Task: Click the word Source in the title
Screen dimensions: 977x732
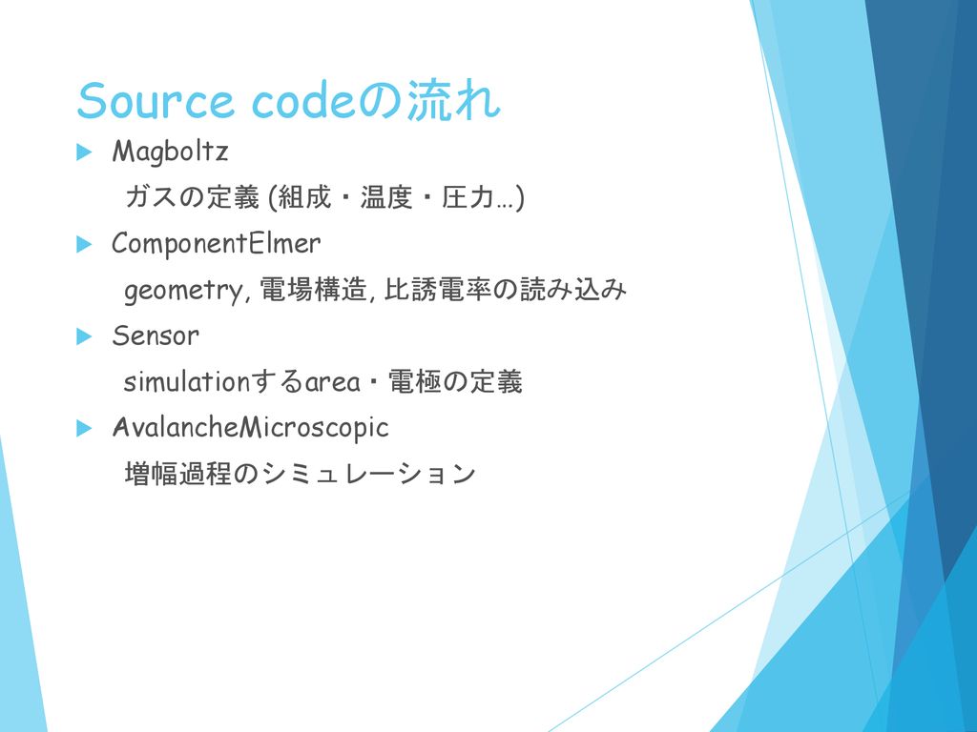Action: pyautogui.click(x=156, y=101)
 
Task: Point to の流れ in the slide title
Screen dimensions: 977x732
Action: pyautogui.click(x=428, y=99)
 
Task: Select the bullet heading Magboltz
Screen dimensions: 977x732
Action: pyautogui.click(x=170, y=152)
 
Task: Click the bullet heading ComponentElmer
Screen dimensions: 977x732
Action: pyautogui.click(x=217, y=243)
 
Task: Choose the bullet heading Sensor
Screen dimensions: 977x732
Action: pyautogui.click(x=156, y=336)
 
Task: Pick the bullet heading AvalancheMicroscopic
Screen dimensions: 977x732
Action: pyautogui.click(x=251, y=428)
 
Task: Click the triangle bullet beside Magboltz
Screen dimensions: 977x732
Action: pyautogui.click(x=84, y=152)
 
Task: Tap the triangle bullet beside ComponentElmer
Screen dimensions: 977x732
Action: pyautogui.click(x=84, y=244)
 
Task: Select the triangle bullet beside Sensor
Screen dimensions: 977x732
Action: pyautogui.click(x=84, y=336)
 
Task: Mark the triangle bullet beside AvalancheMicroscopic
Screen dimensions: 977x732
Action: pyautogui.click(x=84, y=428)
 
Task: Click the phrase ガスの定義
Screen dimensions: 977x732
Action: pyautogui.click(x=192, y=197)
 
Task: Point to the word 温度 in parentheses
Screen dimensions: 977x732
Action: pyautogui.click(x=386, y=197)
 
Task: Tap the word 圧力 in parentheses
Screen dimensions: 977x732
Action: pyautogui.click(x=468, y=197)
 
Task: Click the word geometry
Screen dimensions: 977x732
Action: pyautogui.click(x=182, y=291)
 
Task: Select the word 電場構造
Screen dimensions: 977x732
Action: pyautogui.click(x=313, y=290)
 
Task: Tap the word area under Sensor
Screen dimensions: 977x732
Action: pyautogui.click(x=332, y=383)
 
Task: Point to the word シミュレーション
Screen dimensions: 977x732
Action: pyautogui.click(x=368, y=474)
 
